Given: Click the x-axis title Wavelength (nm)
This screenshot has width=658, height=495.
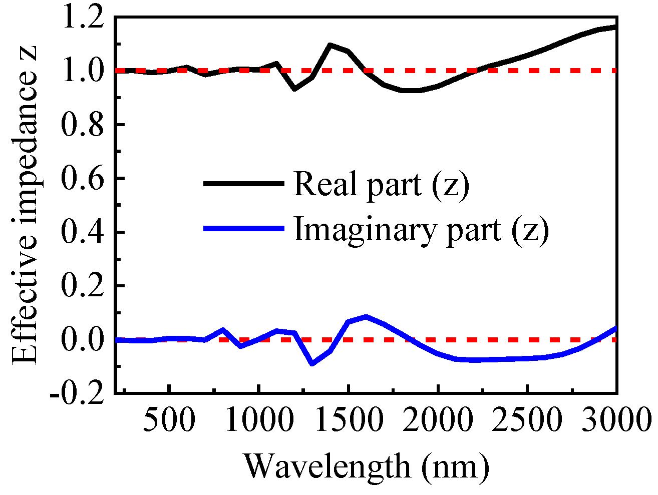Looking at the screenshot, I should [x=366, y=466].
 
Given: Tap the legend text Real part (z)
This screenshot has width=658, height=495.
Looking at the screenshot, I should [x=381, y=184].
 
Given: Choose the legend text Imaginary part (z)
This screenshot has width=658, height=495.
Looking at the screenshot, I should [x=421, y=229].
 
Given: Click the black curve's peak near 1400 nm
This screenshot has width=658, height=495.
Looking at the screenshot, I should [x=330, y=45].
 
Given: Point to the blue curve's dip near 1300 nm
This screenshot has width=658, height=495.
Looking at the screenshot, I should [x=312, y=363].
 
